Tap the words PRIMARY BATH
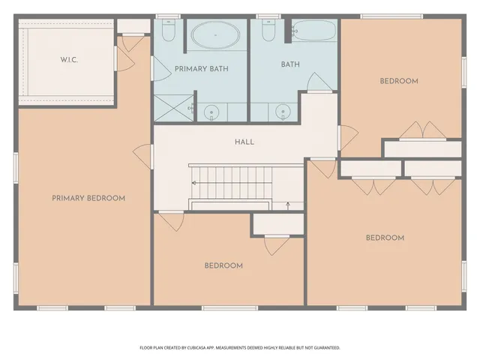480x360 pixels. pos(201,68)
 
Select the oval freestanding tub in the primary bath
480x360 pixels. pos(215,35)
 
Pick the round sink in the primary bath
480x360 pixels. pos(211,112)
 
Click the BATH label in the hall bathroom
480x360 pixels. pos(290,64)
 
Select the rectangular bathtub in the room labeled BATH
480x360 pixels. pos(313,31)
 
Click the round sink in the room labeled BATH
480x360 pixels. pos(283,112)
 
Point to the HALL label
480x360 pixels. pos(244,142)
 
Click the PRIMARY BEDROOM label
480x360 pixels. pos(88,198)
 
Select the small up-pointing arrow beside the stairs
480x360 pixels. pos(289,204)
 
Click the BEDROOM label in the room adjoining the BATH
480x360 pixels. pos(399,81)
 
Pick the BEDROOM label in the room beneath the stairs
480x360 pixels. pos(223,265)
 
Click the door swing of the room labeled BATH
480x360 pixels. pos(316,82)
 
